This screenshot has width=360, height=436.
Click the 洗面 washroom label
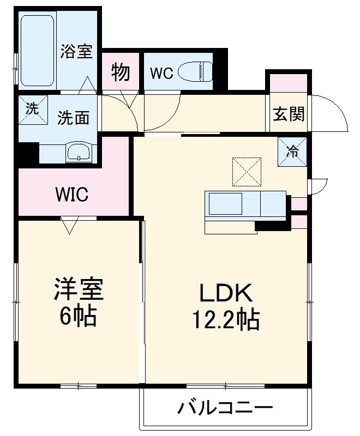click(74, 118)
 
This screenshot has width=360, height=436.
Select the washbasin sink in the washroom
click(80, 152)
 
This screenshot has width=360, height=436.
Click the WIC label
click(71, 195)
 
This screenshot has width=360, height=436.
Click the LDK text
click(225, 294)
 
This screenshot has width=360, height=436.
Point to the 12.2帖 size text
click(225, 320)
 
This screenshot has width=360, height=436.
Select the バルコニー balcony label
click(225, 408)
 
